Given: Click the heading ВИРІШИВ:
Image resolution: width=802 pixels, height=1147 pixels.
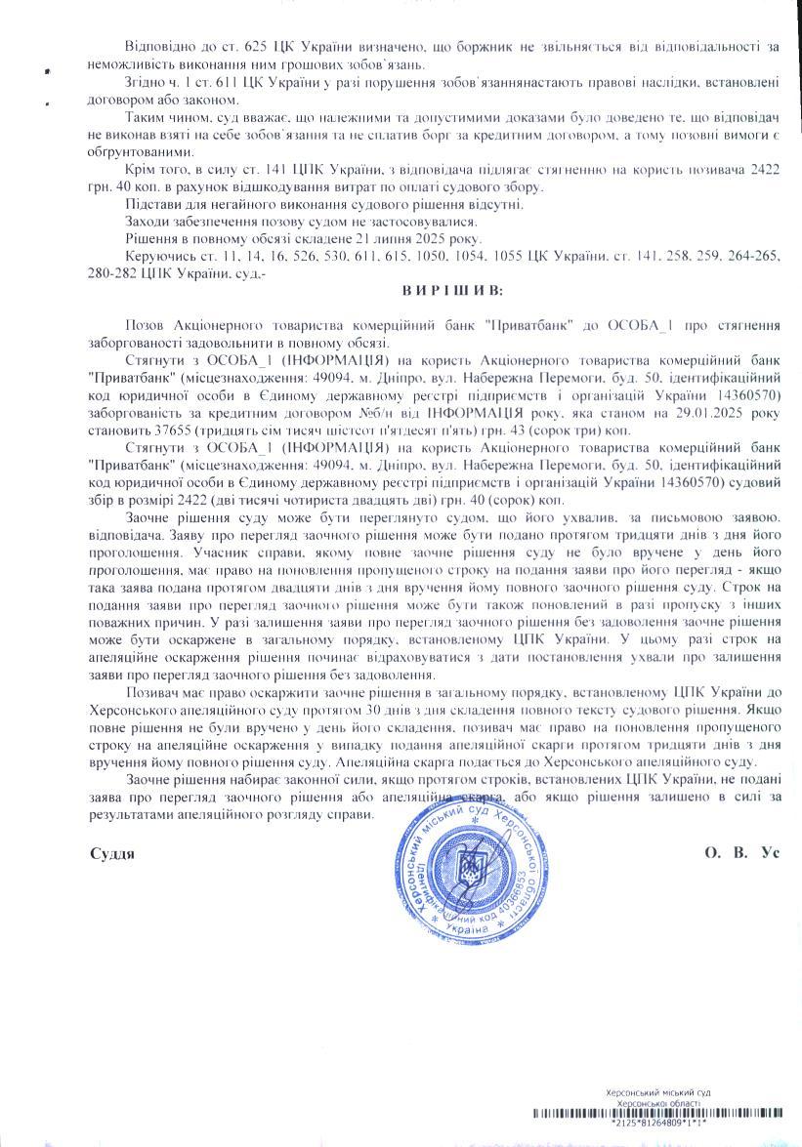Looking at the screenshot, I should (452, 291).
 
